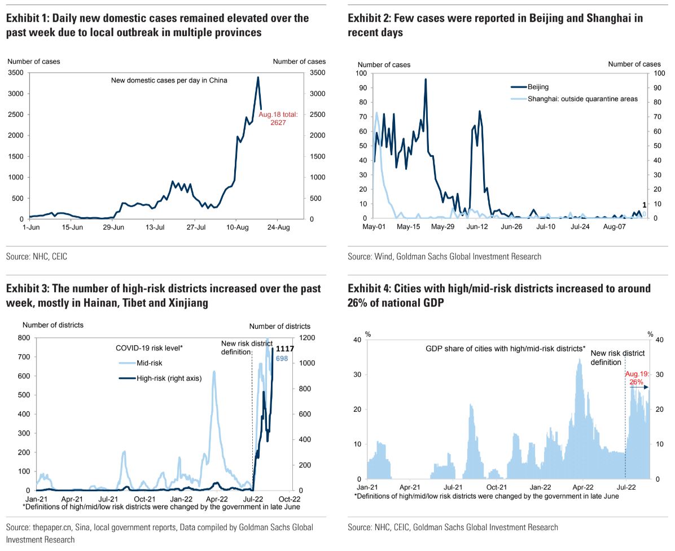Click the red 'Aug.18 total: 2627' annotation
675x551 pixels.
[x=278, y=118]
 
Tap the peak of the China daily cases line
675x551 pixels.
[x=258, y=77]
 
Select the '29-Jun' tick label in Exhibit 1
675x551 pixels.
[x=113, y=227]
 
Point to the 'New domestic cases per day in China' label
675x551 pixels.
[x=169, y=81]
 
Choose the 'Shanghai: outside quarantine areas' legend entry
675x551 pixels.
[x=575, y=99]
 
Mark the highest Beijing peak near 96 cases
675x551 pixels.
[x=426, y=80]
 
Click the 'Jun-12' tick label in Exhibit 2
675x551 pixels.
[x=477, y=227]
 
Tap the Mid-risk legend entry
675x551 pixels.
[x=141, y=363]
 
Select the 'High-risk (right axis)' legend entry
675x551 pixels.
[x=160, y=378]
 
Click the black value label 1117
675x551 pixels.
[x=284, y=349]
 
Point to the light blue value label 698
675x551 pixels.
[x=282, y=358]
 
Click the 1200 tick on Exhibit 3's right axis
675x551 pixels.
[x=307, y=338]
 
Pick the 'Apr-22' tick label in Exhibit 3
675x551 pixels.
[x=217, y=499]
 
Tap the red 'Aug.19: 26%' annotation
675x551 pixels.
[x=637, y=378]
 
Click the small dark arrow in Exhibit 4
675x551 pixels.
[x=640, y=387]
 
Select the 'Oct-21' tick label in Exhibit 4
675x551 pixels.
[x=496, y=487]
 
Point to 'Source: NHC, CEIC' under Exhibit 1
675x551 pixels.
[x=37, y=257]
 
